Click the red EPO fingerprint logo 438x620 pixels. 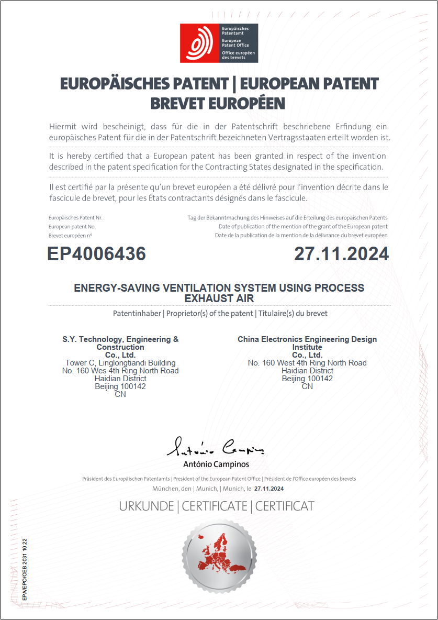199,43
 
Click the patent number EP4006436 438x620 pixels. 97,254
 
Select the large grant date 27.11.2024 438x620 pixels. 341,254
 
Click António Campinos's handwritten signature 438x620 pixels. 216,448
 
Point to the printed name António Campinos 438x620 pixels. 216,464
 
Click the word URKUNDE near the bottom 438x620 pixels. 147,506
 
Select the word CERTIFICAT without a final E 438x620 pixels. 285,506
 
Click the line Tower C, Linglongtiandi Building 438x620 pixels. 120,363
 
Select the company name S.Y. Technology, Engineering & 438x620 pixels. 120,339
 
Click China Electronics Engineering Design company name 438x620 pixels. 307,339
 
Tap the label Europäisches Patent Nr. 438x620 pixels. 75,217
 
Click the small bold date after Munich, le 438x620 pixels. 268,489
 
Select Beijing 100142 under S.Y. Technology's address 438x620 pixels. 120,386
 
